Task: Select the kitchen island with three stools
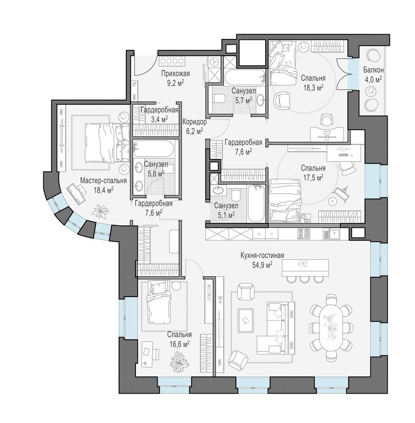click(x=305, y=267)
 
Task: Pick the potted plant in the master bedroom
click(x=101, y=211)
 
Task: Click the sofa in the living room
click(x=274, y=327)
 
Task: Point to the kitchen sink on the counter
click(x=331, y=234)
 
